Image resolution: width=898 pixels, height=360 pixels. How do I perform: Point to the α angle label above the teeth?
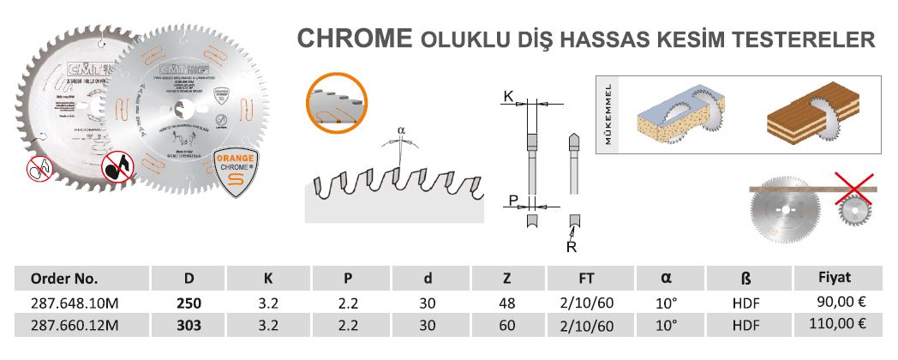pyautogui.click(x=401, y=131)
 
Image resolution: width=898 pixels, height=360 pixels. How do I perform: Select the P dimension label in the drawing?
pyautogui.click(x=512, y=201)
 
